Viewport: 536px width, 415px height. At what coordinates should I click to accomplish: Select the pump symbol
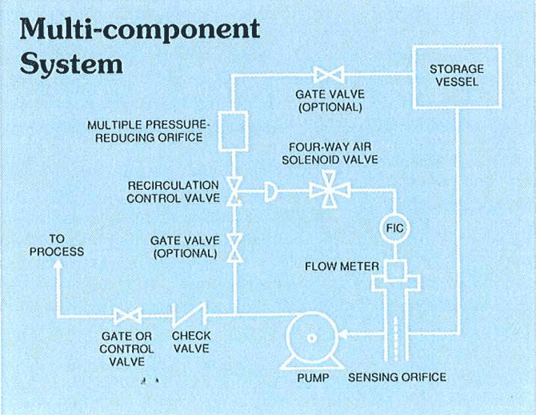coord(310,338)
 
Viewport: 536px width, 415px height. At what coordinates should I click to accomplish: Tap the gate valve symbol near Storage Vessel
coord(329,75)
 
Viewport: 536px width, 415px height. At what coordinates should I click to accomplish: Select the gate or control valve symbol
coord(127,314)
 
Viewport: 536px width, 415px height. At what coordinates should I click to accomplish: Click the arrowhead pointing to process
coord(58,266)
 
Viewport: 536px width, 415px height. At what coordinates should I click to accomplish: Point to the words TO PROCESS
coord(56,245)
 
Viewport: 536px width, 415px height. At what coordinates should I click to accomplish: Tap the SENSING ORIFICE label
coord(397,377)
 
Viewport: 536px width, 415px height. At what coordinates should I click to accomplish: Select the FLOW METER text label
coord(342,267)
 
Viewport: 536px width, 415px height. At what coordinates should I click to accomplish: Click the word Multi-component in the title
coord(140,29)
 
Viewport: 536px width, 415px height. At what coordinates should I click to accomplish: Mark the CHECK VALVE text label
coord(190,342)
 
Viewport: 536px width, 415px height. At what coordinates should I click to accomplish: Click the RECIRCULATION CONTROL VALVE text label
coord(173,192)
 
